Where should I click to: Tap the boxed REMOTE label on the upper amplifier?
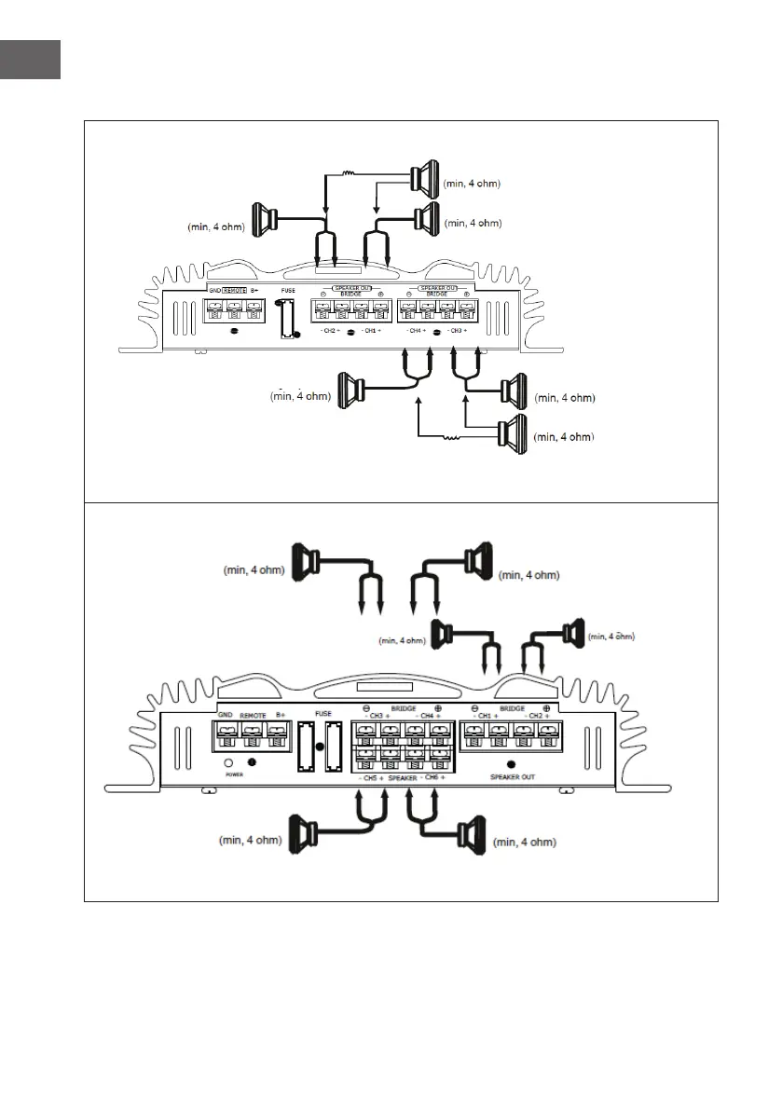[x=233, y=291]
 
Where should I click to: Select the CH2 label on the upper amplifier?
[x=328, y=332]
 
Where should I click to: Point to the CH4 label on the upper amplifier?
[x=417, y=332]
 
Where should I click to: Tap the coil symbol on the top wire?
[x=350, y=173]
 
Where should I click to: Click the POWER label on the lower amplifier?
[x=233, y=774]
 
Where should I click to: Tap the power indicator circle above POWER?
[x=228, y=761]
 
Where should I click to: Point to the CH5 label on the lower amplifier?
[x=370, y=777]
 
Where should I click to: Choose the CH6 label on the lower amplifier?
[x=432, y=777]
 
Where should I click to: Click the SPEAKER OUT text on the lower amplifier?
[x=512, y=776]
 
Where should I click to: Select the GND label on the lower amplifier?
[x=226, y=714]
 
